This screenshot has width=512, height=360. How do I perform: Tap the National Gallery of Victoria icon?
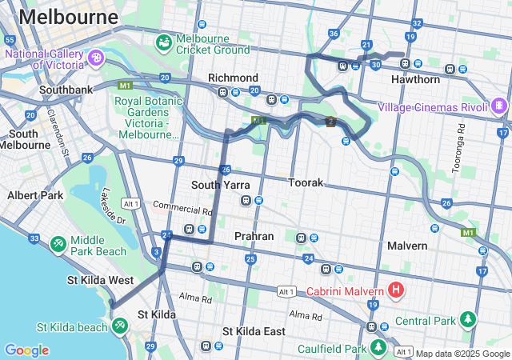(x=96, y=58)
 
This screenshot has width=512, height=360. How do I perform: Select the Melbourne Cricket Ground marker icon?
(x=164, y=40)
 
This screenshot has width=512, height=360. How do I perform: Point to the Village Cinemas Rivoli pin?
(x=500, y=105)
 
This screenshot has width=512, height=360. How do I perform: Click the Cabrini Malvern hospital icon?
(x=395, y=289)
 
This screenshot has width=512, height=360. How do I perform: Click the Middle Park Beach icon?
(x=58, y=243)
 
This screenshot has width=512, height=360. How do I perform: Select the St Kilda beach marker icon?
(x=119, y=326)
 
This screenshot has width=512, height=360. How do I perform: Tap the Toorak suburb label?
(x=306, y=182)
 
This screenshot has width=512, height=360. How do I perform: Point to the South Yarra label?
(x=220, y=185)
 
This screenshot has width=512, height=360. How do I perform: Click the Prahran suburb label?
(x=254, y=236)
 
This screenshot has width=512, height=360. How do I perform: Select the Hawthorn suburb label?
(x=415, y=80)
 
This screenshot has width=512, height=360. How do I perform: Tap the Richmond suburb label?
(x=233, y=78)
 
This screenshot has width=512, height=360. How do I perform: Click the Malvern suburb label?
(x=407, y=246)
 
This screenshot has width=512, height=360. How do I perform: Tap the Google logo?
(x=26, y=350)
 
